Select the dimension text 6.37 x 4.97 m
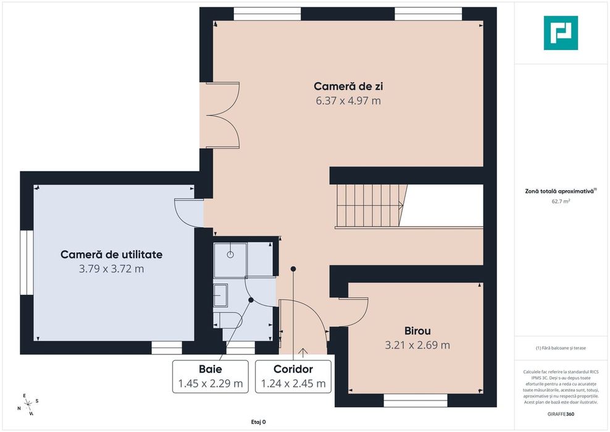348,100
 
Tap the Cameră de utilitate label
111,254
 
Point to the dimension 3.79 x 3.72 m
111,269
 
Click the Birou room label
417,331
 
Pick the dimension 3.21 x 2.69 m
417,345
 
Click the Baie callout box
211,376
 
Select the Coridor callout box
293,376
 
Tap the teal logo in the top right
561,33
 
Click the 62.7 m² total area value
561,201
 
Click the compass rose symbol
28,404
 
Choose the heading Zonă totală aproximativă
559,191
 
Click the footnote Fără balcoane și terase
561,348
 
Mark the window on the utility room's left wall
26,262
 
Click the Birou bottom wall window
416,401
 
